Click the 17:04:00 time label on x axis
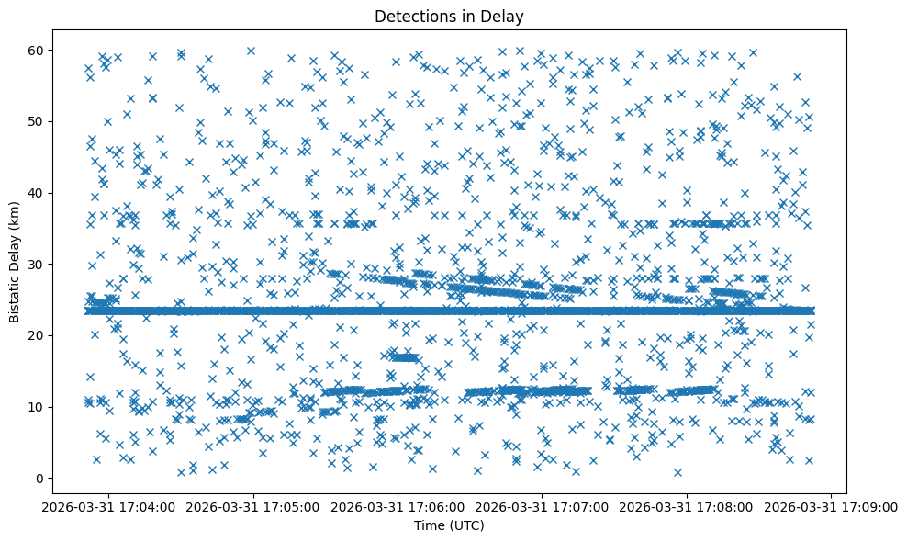click(108, 507)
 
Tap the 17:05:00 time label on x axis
click(253, 507)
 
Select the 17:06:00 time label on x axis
click(398, 507)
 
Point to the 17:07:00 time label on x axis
click(543, 507)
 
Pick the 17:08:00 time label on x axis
click(688, 507)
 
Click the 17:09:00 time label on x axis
click(832, 507)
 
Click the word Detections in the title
click(414, 16)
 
